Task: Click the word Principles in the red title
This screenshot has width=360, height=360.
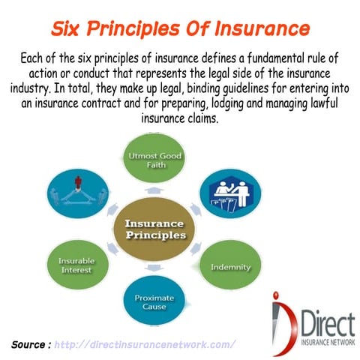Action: click(x=141, y=29)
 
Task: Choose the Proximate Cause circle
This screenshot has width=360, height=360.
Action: click(x=154, y=301)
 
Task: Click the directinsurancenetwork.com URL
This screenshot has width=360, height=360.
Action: click(x=147, y=344)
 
